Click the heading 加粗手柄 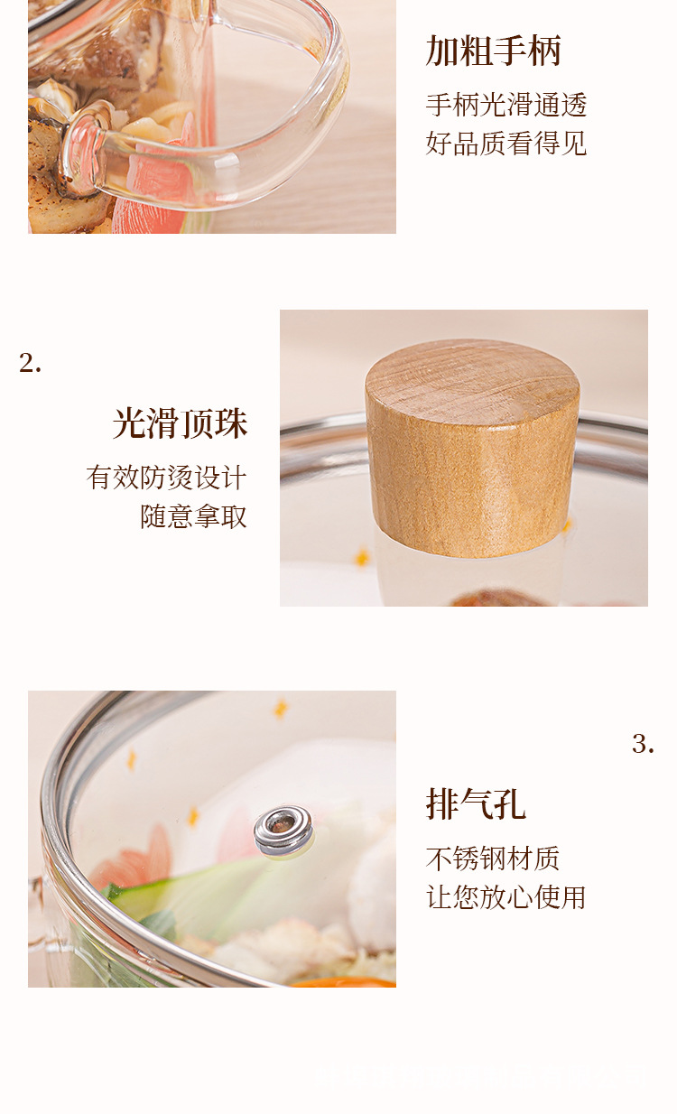[x=493, y=51]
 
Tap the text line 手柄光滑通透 [x=506, y=105]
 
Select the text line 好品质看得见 [x=506, y=143]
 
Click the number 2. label [x=31, y=364]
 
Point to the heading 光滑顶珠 [x=180, y=423]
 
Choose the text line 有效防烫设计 [x=166, y=478]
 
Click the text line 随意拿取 [x=193, y=516]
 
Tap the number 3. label [x=643, y=745]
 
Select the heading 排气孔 [x=476, y=804]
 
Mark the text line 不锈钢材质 [x=493, y=859]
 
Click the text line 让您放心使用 [x=506, y=897]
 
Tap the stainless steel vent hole [x=283, y=831]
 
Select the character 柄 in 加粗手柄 [x=544, y=51]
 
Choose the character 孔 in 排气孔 [x=510, y=804]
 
